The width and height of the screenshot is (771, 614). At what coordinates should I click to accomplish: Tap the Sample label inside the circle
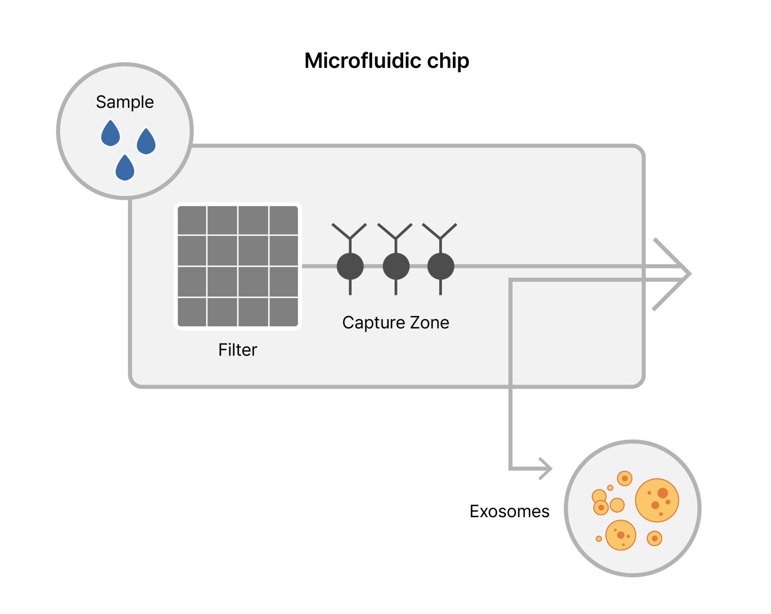pyautogui.click(x=125, y=103)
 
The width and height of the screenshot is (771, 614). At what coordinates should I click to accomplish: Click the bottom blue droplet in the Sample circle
pyautogui.click(x=125, y=169)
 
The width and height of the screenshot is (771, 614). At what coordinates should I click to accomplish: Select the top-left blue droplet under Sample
pyautogui.click(x=110, y=134)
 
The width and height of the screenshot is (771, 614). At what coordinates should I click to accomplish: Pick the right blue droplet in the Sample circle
pyautogui.click(x=146, y=142)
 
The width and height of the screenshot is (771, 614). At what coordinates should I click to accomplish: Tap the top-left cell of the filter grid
pyautogui.click(x=192, y=220)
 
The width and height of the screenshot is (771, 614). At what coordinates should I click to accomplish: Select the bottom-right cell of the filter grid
pyautogui.click(x=283, y=312)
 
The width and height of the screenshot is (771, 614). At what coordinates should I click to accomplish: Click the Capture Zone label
pyautogui.click(x=396, y=323)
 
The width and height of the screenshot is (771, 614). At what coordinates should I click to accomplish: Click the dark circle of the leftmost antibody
pyautogui.click(x=350, y=266)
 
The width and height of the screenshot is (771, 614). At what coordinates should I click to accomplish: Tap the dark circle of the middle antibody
pyautogui.click(x=396, y=266)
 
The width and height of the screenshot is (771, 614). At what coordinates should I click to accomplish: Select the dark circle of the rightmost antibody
pyautogui.click(x=441, y=266)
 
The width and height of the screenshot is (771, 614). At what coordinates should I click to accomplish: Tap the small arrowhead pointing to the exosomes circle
pyautogui.click(x=547, y=468)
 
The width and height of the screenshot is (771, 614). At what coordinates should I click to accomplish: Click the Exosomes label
pyautogui.click(x=509, y=512)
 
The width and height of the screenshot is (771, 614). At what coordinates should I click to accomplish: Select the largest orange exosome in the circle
pyautogui.click(x=657, y=500)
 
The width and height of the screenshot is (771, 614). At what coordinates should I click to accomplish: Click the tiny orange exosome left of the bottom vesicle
pyautogui.click(x=599, y=539)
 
